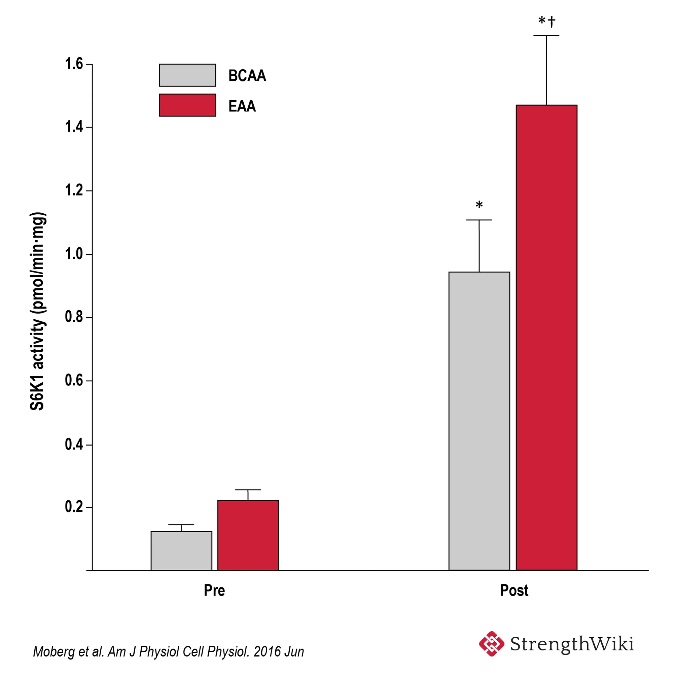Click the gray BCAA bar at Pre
pyautogui.click(x=181, y=551)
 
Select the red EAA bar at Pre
pyautogui.click(x=248, y=535)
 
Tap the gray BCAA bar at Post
pyautogui.click(x=479, y=421)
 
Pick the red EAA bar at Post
pyautogui.click(x=546, y=338)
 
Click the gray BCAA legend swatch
pyautogui.click(x=187, y=75)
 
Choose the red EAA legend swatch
pyautogui.click(x=187, y=105)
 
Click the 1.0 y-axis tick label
pyautogui.click(x=74, y=254)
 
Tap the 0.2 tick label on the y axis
pyautogui.click(x=74, y=507)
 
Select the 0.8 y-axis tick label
pyautogui.click(x=74, y=317)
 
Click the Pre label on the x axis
pyautogui.click(x=214, y=591)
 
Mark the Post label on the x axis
pyautogui.click(x=514, y=591)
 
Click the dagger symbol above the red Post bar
pyautogui.click(x=552, y=22)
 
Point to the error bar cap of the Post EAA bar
pyautogui.click(x=546, y=36)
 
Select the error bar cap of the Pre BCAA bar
pyautogui.click(x=181, y=525)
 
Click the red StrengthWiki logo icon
pyautogui.click(x=492, y=644)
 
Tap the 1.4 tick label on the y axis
pyautogui.click(x=74, y=127)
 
